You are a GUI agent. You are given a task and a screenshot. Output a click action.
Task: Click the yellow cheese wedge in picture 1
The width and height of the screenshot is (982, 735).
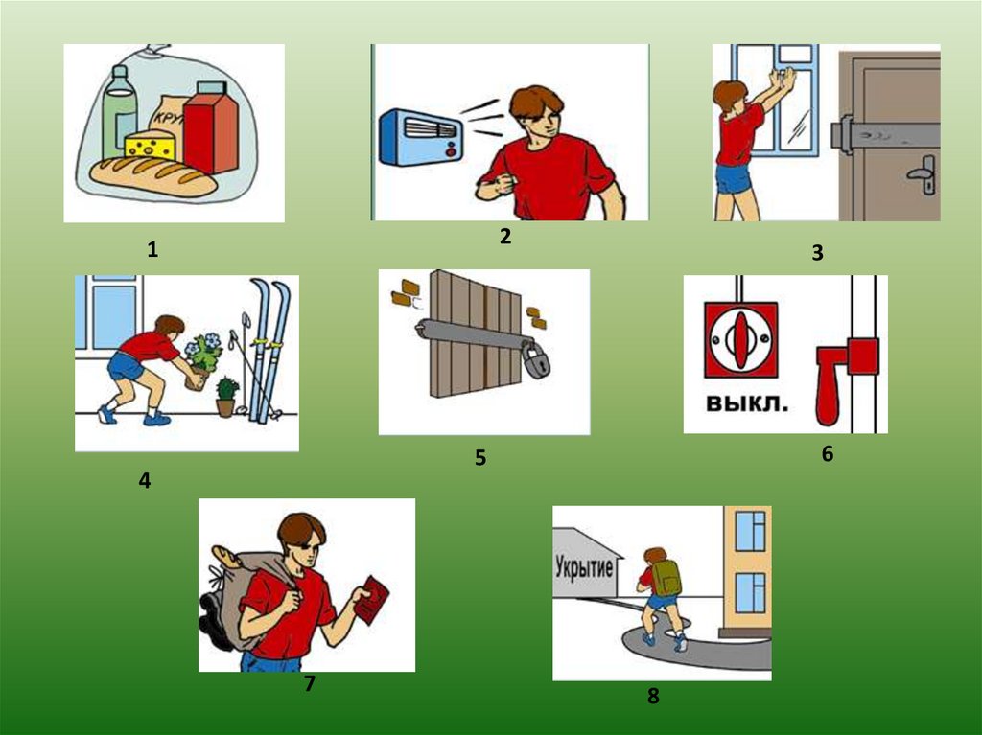(151, 146)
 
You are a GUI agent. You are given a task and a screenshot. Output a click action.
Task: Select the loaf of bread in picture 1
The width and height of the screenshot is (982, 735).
(154, 176)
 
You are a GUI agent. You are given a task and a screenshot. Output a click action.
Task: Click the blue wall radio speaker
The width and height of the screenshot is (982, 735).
(422, 137)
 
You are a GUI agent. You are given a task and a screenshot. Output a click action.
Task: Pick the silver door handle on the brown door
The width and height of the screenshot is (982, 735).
(924, 172)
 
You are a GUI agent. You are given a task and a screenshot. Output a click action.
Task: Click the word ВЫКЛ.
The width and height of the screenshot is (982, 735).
(746, 402)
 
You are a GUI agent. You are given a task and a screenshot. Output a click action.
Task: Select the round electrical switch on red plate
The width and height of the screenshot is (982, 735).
(741, 340)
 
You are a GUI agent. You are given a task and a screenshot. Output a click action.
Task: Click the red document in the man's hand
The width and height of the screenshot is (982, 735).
(371, 599)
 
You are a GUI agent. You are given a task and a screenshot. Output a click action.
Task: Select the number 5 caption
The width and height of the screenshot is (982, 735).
(480, 458)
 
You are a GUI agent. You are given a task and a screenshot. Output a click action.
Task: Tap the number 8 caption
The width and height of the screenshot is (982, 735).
(653, 696)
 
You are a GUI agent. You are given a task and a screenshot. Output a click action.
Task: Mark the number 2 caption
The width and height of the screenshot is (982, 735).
(505, 236)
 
